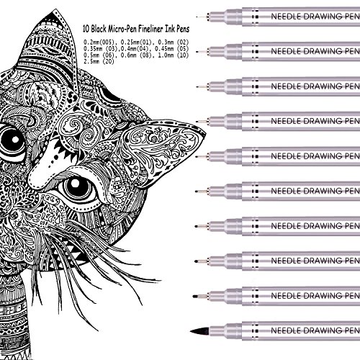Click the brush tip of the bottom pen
(x=199, y=331)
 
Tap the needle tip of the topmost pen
(x=197, y=17)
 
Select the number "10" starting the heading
(x=86, y=29)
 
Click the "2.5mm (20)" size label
(x=99, y=61)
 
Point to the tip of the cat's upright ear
(x=56, y=9)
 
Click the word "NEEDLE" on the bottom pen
(x=286, y=330)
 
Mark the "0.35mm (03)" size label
(x=100, y=49)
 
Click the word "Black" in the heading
(x=99, y=29)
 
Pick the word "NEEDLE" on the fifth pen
(x=286, y=156)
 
